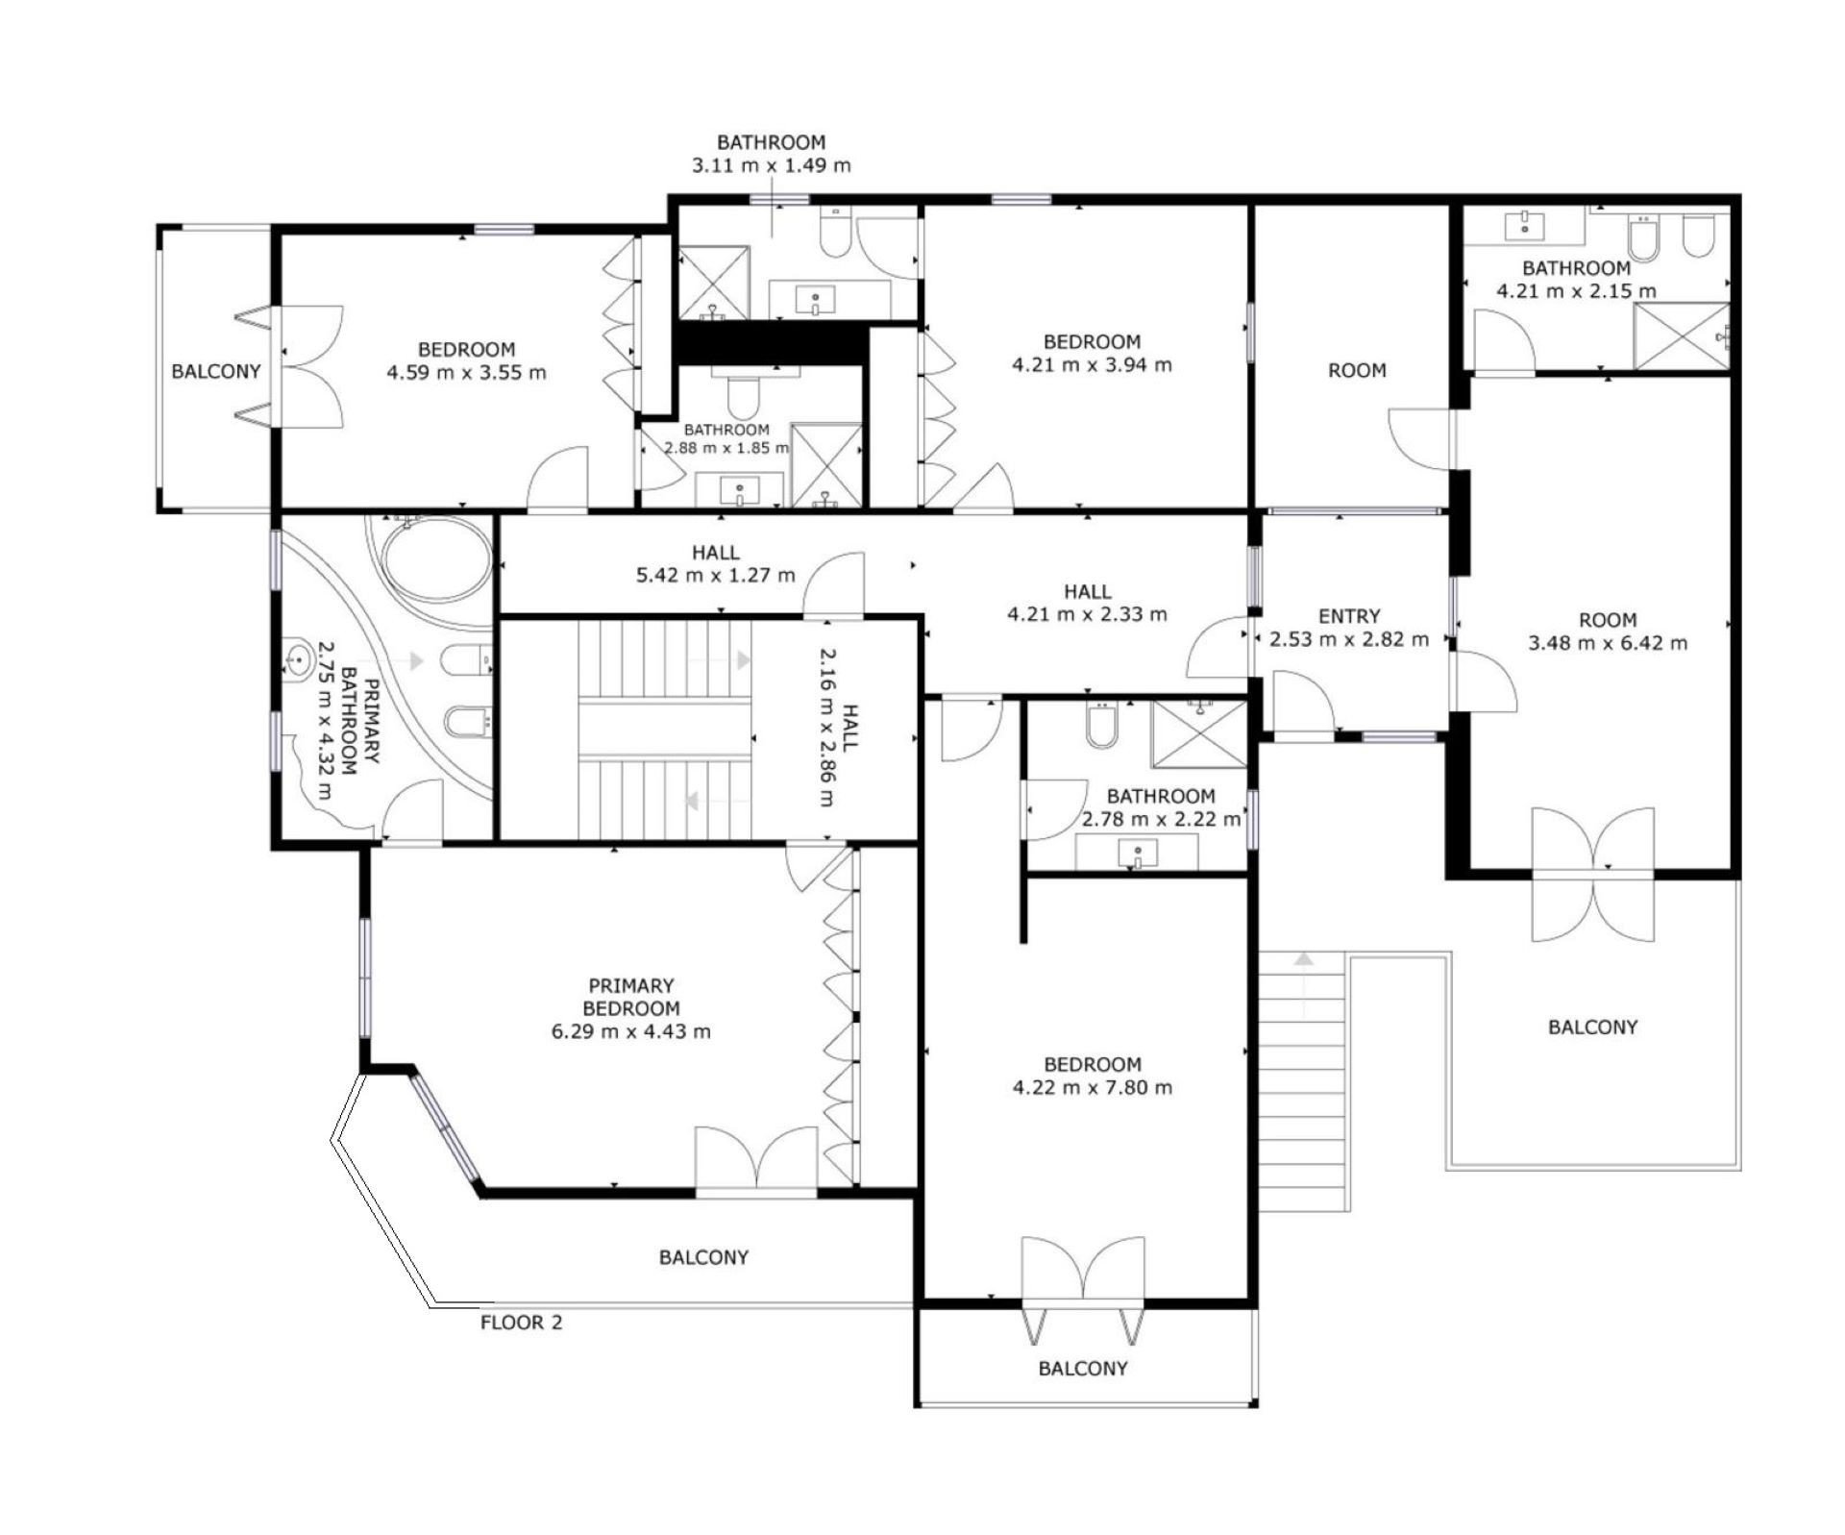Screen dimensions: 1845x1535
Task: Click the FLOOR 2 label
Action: coord(521,1323)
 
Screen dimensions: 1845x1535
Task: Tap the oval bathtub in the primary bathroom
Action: coord(436,559)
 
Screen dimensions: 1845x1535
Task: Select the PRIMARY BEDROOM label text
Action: coord(631,997)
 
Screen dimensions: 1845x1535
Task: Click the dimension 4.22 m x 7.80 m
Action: coord(1092,1087)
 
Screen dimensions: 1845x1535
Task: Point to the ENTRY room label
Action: coord(1349,616)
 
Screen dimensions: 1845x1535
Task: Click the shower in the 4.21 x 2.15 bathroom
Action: coord(1681,335)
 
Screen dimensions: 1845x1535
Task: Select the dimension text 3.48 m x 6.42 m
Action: coord(1608,643)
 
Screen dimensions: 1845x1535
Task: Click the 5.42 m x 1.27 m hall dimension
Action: coord(716,576)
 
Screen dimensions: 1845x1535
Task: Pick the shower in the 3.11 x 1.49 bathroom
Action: coord(713,283)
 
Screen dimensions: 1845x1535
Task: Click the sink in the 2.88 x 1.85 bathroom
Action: coord(739,490)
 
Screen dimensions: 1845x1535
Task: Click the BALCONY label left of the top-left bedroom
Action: coord(216,371)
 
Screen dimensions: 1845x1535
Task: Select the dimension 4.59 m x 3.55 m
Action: coord(466,372)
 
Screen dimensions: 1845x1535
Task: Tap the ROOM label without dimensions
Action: coord(1357,370)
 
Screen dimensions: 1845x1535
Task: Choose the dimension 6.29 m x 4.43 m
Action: coord(631,1031)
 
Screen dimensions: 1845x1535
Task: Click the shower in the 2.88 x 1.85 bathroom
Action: coord(826,464)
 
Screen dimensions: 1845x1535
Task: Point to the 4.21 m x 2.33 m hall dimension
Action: coord(1087,614)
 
